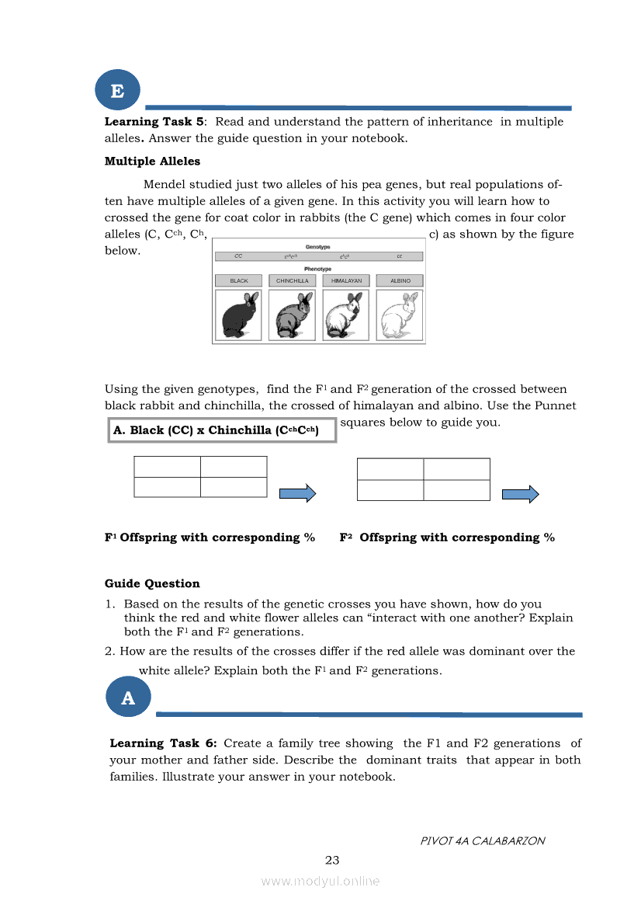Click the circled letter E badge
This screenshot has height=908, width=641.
117,91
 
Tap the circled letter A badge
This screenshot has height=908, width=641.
128,698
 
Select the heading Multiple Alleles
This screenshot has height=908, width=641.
152,162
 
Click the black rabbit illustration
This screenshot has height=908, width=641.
239,315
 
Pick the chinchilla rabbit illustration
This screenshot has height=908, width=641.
292,315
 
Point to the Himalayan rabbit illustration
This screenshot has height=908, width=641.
346,315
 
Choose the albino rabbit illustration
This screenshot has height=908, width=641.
400,315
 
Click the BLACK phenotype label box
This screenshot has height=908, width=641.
239,280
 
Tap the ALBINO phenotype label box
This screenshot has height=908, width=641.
400,280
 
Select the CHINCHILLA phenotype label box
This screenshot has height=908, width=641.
292,280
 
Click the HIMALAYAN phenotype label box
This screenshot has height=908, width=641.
346,280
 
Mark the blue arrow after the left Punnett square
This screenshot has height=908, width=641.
298,493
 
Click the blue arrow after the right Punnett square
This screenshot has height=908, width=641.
521,494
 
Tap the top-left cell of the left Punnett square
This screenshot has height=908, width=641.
167,466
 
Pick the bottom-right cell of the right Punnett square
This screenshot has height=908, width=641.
457,490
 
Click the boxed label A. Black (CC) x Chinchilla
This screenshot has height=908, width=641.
222,430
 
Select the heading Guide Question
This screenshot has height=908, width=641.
152,583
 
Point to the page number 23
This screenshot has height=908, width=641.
332,860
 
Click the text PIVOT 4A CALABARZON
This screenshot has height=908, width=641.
482,840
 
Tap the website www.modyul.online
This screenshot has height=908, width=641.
320,881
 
